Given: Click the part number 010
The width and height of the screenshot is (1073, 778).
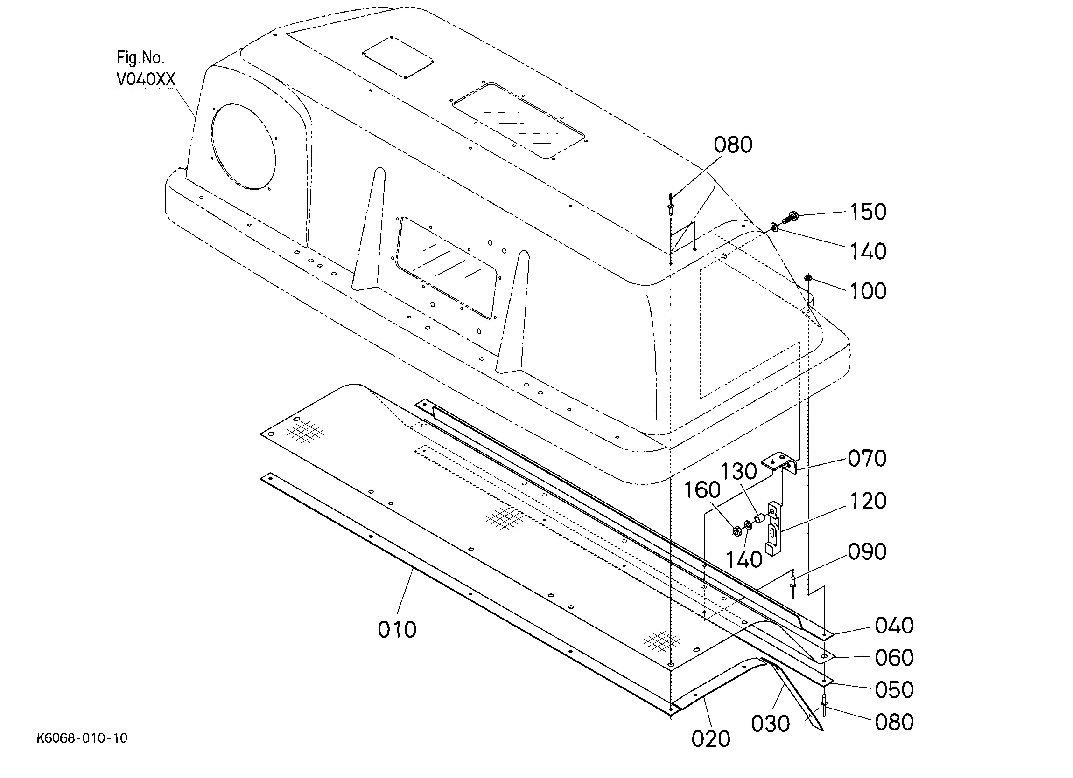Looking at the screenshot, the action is click(396, 630).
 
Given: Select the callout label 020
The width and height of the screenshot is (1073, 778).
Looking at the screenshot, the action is click(711, 739).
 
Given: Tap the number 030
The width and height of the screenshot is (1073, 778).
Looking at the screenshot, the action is click(770, 723).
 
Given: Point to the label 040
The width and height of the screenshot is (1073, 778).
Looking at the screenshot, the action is click(894, 625).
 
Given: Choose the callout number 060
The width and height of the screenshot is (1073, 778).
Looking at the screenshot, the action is click(894, 657).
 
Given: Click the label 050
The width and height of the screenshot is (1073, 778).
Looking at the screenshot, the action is click(894, 690).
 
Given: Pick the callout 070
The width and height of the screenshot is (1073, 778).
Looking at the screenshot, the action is click(867, 459).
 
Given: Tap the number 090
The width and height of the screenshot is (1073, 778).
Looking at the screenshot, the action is click(867, 551).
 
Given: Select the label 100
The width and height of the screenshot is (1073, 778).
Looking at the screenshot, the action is click(868, 291).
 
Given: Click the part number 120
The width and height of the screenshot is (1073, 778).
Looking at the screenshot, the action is click(868, 501).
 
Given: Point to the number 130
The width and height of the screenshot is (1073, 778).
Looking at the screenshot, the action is click(738, 471).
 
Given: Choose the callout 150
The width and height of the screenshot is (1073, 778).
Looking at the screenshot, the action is click(868, 212).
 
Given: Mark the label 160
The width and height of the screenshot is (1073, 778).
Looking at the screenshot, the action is click(702, 490).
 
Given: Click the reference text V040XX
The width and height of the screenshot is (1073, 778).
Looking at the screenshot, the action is click(146, 79).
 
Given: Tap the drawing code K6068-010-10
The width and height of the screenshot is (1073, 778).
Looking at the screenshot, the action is click(82, 738).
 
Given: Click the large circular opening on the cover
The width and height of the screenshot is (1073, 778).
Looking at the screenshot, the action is click(244, 147).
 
